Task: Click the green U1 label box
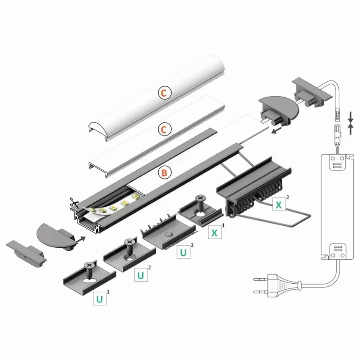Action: tap(100, 298)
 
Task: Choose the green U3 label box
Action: tap(183, 252)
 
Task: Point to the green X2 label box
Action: tap(278, 205)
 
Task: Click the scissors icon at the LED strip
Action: tap(75, 204)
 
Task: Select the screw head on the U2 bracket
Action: tap(129, 243)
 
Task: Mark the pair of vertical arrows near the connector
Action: tap(351, 122)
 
